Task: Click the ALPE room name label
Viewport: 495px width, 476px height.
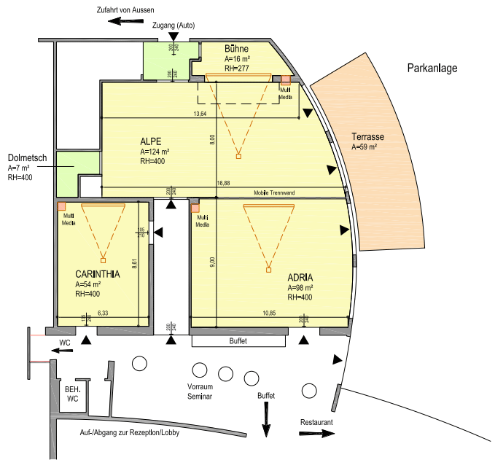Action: pos(151,141)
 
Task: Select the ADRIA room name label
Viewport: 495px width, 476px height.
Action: pos(300,277)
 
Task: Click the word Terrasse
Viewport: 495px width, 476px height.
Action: pos(367,137)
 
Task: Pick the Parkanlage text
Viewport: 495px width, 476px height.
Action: pos(432,69)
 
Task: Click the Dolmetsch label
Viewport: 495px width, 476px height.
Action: pos(28,157)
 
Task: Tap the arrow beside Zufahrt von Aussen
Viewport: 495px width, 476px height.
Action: pos(122,21)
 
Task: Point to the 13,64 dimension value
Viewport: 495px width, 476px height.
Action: pos(200,114)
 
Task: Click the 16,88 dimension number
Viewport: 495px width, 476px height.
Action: pos(223,184)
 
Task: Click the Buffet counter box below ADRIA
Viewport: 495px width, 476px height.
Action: pos(238,341)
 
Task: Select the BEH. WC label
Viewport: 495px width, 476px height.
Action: pos(71,394)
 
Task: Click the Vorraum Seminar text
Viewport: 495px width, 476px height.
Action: pos(200,391)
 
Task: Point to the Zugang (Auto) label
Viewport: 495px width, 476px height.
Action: pos(174,26)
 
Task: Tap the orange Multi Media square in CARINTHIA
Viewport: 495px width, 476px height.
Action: pos(62,207)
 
